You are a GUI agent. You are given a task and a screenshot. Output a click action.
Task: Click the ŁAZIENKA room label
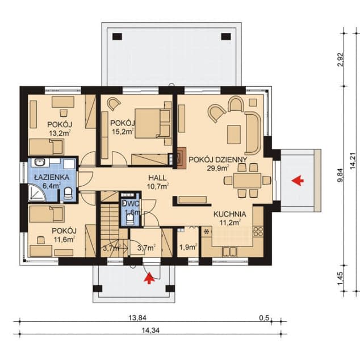click(x=52, y=177)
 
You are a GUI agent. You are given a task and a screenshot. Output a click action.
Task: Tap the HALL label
click(x=157, y=178)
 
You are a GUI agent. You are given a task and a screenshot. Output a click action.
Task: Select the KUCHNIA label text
click(x=230, y=214)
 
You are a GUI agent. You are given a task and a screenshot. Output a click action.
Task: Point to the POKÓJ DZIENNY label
click(x=218, y=160)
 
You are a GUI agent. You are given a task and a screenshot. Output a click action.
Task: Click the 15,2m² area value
click(x=123, y=131)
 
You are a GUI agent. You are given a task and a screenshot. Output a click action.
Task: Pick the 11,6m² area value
click(x=64, y=240)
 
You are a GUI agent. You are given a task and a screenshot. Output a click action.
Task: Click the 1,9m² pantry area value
click(x=188, y=247)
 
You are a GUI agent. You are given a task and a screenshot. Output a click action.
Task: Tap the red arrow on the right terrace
click(x=298, y=181)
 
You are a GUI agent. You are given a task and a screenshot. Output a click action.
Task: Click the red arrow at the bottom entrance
click(x=149, y=278)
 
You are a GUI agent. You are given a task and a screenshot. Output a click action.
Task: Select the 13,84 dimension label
click(x=137, y=318)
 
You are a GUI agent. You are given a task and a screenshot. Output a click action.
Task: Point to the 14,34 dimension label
click(x=150, y=330)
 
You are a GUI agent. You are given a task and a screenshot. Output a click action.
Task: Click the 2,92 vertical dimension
click(x=341, y=60)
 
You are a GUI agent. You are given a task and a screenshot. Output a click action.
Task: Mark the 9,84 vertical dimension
click(x=341, y=175)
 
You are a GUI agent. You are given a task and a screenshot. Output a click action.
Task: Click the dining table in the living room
click(x=247, y=181)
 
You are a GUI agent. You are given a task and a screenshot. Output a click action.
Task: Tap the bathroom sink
click(x=40, y=162)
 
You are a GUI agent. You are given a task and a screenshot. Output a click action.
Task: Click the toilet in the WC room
click(x=130, y=219)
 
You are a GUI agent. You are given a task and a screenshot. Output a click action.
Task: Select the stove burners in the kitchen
click(x=258, y=232)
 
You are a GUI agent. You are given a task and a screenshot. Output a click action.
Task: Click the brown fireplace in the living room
click(x=181, y=158)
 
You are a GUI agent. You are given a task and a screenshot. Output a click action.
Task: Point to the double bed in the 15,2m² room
click(x=153, y=124)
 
